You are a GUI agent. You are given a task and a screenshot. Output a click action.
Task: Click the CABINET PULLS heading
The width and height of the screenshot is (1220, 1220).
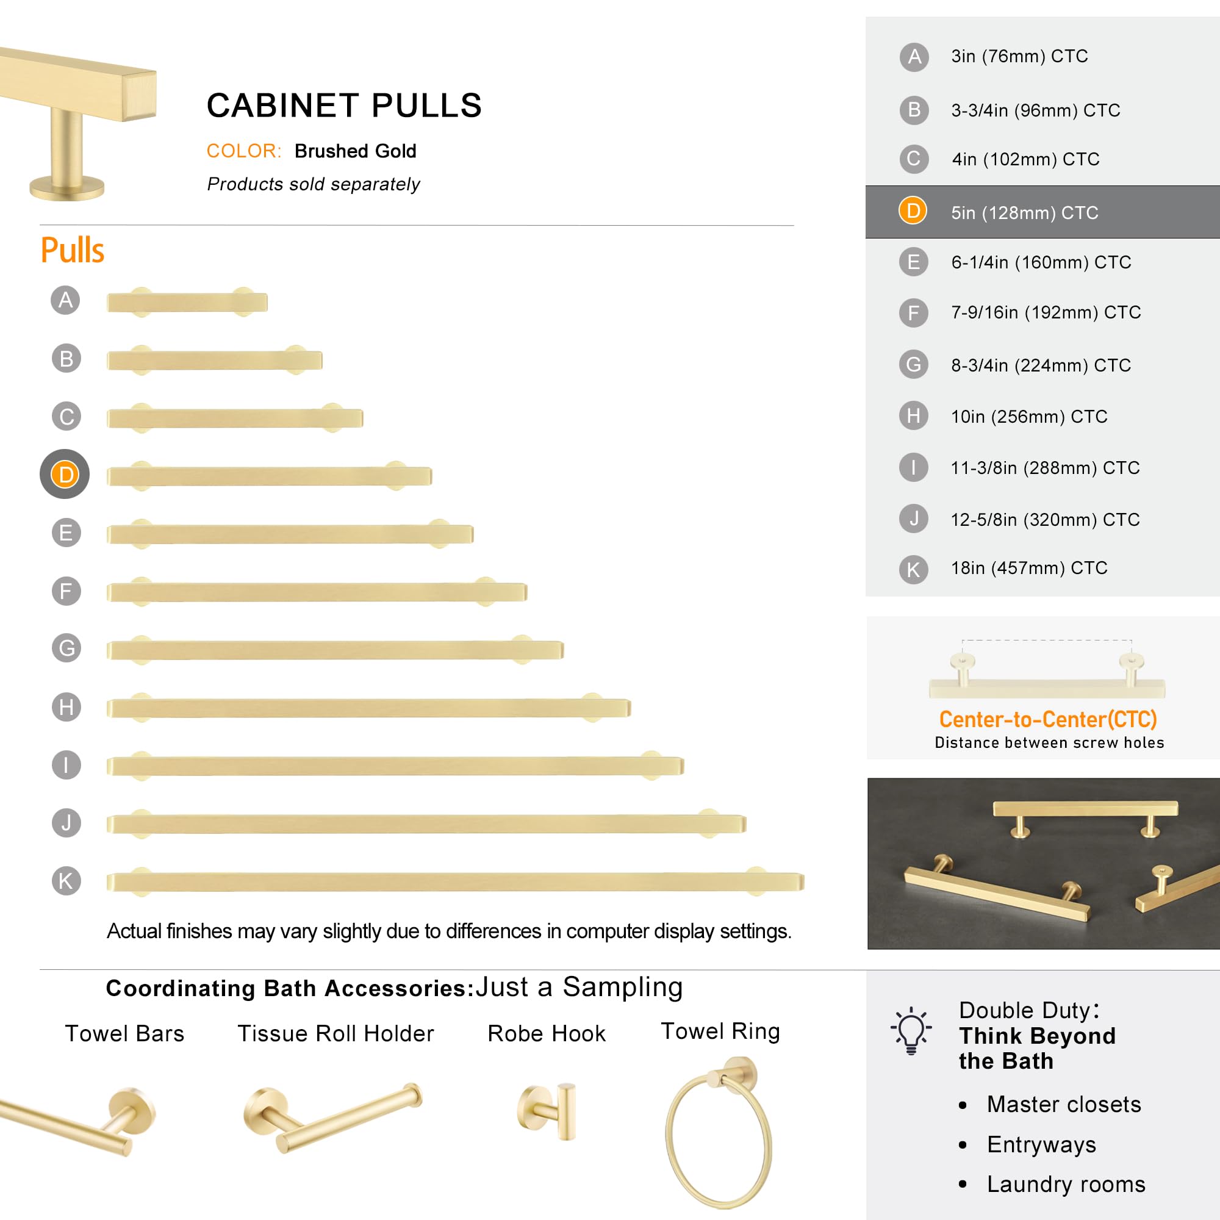pos(344,106)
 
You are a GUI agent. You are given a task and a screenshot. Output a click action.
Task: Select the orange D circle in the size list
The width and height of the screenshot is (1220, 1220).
pos(913,211)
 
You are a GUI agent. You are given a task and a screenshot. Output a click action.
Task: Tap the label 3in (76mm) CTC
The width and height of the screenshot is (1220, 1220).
pos(1019,56)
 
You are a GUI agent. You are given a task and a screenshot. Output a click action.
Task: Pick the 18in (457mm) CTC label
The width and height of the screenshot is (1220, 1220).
pos(1028,568)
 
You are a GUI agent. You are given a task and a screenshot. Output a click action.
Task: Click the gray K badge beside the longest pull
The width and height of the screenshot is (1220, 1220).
pos(66,880)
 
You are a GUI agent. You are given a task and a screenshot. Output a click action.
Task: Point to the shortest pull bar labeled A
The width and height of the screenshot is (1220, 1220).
pos(187,303)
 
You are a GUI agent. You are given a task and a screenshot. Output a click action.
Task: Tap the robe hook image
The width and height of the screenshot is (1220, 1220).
pos(547,1112)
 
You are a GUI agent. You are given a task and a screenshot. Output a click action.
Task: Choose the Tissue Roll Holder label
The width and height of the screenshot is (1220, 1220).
pos(335,1034)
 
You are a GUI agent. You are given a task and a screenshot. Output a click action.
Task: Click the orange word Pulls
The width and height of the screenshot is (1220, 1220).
pos(73,250)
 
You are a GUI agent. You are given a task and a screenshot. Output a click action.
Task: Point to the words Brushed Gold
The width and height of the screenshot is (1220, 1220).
pos(355,151)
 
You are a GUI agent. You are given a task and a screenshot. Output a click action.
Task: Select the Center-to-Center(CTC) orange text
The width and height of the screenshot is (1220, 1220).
pos(1047,719)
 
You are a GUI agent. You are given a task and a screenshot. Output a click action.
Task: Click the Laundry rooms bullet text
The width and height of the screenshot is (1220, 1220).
pos(1066,1184)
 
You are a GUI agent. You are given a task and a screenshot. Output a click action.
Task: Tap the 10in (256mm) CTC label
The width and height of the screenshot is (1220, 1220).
pos(1028,416)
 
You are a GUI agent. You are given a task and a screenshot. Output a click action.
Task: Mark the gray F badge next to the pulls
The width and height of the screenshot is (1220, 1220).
pos(66,591)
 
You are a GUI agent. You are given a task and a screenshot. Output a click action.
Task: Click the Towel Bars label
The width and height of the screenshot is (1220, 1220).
pos(124,1034)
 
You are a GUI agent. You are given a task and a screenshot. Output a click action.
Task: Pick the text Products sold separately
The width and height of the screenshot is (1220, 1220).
pos(313,184)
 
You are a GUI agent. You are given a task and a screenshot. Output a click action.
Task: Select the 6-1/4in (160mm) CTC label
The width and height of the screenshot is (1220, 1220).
pos(1041,262)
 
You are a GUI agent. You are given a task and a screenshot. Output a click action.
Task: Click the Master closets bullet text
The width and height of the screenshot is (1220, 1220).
pos(1064,1104)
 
